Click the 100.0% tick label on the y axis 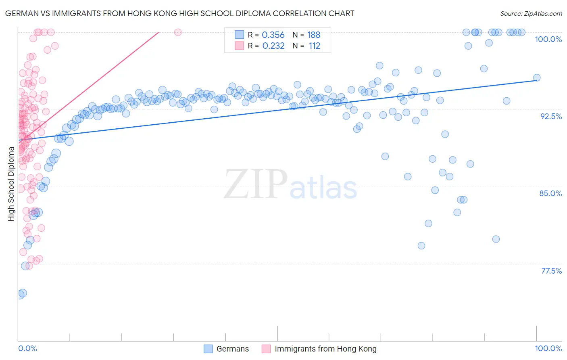point(548,39)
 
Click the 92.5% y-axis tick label point(551,116)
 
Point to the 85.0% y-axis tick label point(550,193)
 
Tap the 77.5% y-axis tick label point(551,271)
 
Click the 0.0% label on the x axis point(27,348)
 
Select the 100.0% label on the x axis point(548,348)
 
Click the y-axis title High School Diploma point(11,184)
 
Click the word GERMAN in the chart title point(21,13)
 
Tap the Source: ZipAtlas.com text point(531,13)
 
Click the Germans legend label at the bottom point(233,349)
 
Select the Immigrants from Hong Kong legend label point(325,349)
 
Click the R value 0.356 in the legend point(273,35)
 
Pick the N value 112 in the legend point(315,46)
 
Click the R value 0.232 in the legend point(273,46)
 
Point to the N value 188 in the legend point(313,35)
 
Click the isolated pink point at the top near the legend point(178,32)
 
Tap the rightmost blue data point point(536,78)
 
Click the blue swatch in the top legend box point(240,35)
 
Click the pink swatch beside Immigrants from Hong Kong point(266,349)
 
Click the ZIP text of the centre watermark point(255,184)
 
